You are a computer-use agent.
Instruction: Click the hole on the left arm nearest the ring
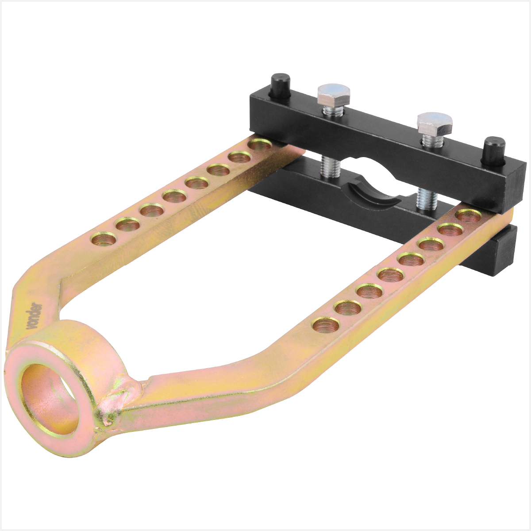104,239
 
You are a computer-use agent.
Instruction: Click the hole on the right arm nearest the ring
326,325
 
